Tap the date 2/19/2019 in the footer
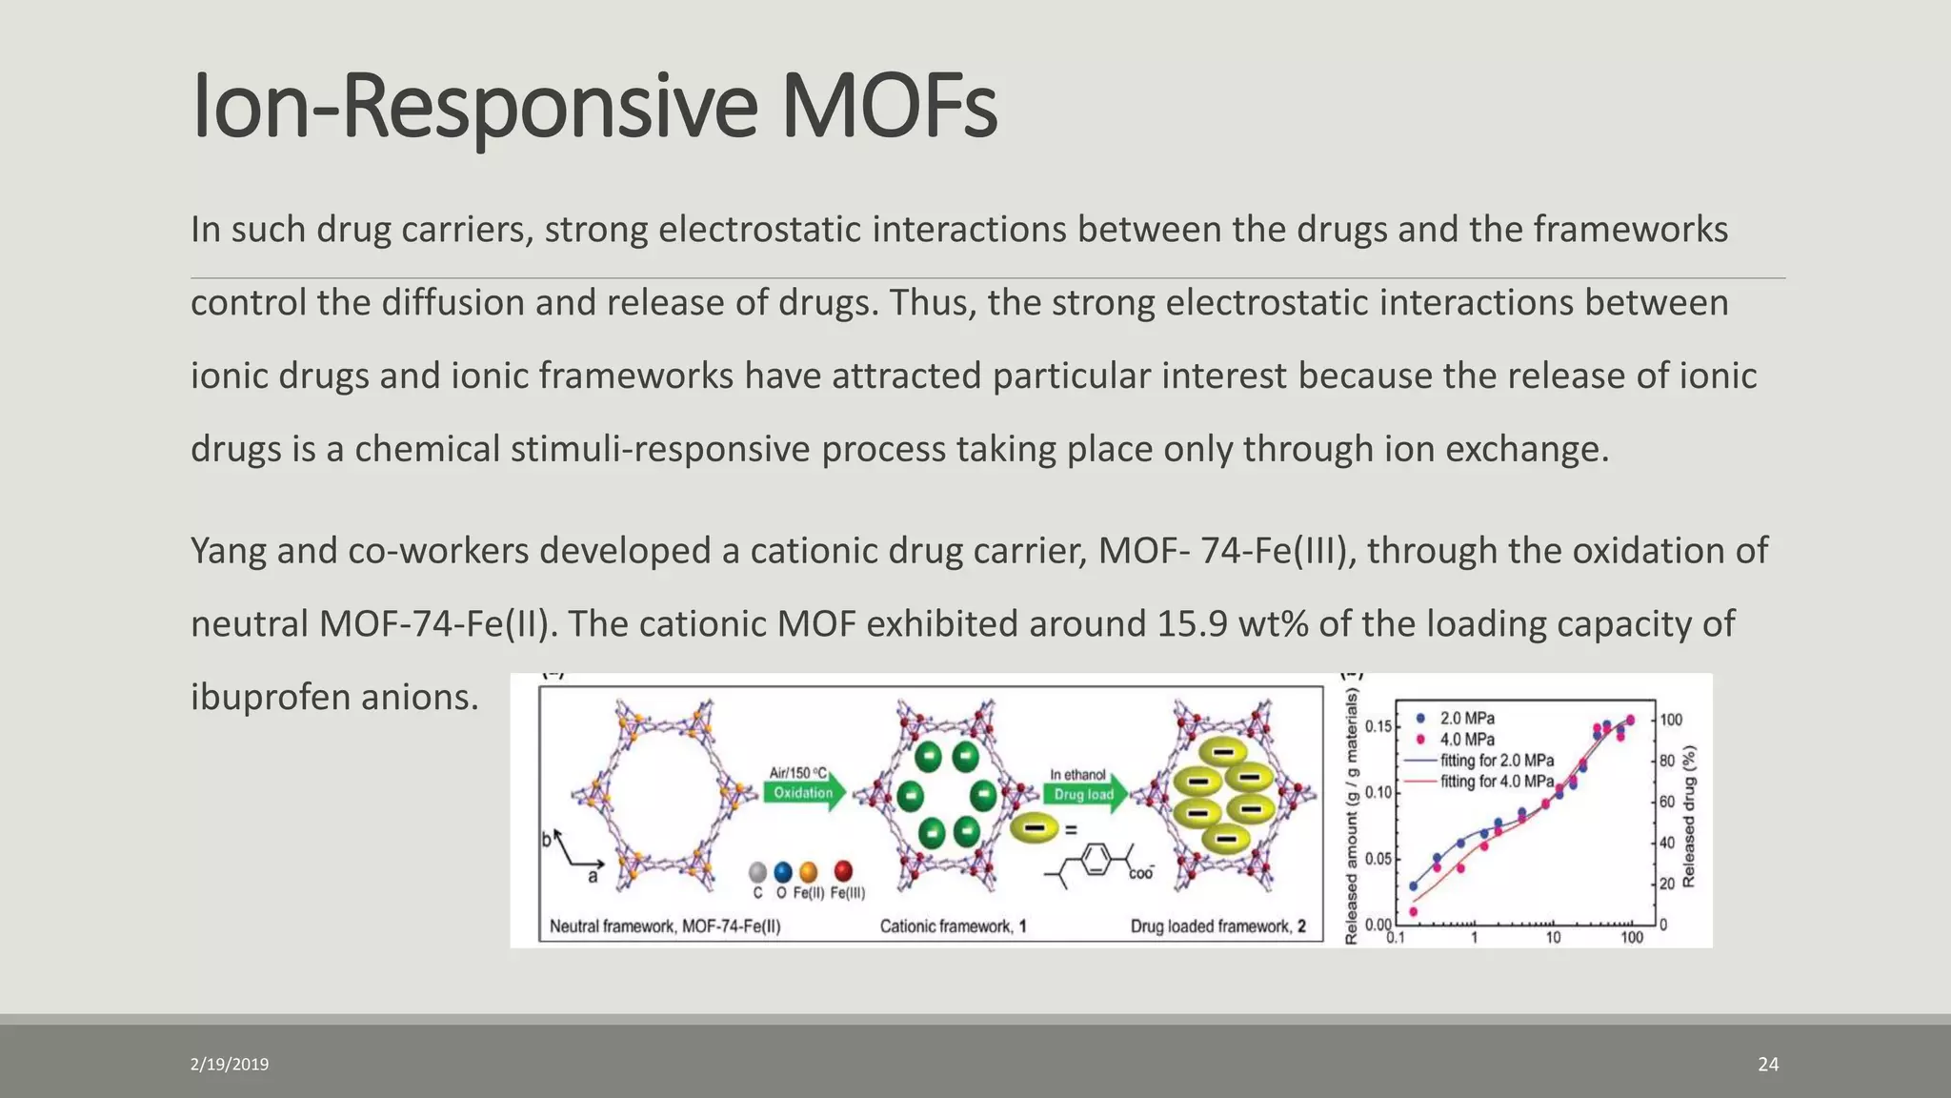coord(230,1065)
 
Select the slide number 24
coord(1768,1065)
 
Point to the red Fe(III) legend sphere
coord(843,871)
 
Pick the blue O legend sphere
coord(783,872)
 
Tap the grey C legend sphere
coord(757,872)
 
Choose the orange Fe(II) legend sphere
coord(809,872)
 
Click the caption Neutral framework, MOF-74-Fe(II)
coord(665,926)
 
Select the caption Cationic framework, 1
coord(953,926)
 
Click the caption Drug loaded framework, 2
coord(1217,926)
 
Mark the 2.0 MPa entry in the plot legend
coord(1465,719)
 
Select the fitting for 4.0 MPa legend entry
coord(1496,782)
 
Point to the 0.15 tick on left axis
coord(1378,727)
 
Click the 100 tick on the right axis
coord(1671,721)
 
